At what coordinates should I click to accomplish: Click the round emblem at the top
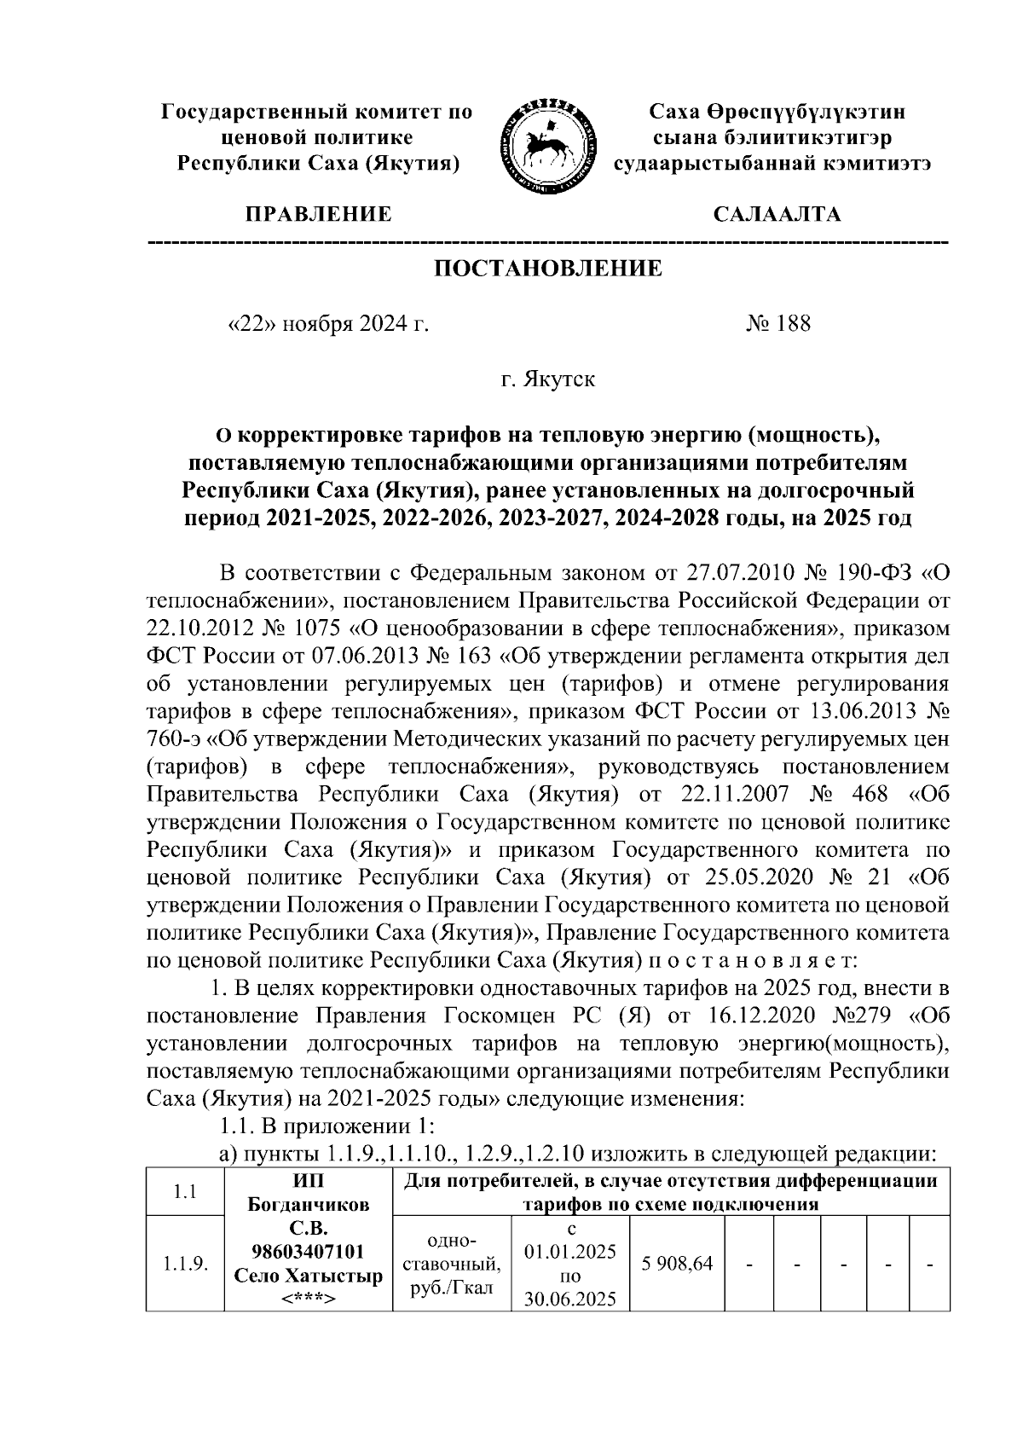545,138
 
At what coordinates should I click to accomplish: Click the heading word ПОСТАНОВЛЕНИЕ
548,269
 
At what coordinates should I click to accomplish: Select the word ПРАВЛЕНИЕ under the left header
319,214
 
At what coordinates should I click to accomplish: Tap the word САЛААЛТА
777,214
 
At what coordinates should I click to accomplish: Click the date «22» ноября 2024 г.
328,324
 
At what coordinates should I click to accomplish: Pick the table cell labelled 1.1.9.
184,1264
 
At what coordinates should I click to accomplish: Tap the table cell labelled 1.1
184,1192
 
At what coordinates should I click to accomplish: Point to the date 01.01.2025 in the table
570,1253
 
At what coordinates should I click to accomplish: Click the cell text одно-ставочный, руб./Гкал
452,1264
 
